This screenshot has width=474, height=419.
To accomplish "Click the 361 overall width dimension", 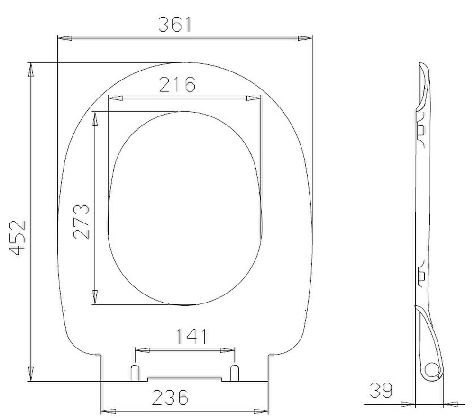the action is tap(175, 25).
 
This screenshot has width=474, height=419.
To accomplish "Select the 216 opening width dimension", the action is tap(177, 84).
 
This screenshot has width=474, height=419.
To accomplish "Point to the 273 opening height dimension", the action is tap(82, 222).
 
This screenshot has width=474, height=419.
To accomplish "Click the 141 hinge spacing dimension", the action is tap(191, 336).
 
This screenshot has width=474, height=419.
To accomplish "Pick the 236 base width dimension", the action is tap(170, 397).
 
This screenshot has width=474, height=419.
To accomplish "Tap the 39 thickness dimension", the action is tap(381, 390).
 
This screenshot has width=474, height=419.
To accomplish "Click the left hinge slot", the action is tap(135, 373).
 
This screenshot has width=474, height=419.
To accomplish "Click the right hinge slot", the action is tap(235, 373).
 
